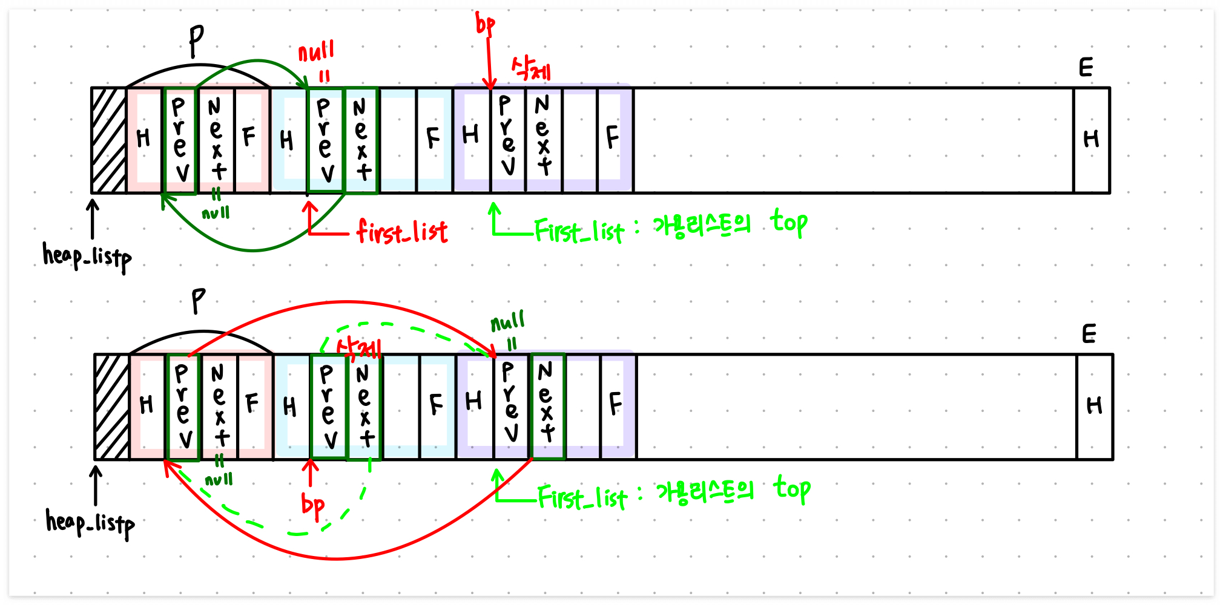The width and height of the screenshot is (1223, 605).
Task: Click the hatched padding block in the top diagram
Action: [x=108, y=140]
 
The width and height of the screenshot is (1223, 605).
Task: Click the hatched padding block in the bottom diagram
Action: [x=112, y=407]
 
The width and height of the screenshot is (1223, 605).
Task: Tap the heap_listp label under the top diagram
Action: [x=87, y=257]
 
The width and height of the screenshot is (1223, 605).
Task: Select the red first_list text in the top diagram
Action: [x=402, y=232]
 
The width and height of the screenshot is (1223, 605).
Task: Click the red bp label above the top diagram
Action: [x=485, y=24]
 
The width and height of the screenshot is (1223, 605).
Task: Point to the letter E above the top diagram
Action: [x=1086, y=67]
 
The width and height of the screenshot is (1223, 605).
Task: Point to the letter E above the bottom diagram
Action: [x=1089, y=334]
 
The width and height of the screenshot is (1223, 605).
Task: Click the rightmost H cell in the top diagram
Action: [x=1092, y=140]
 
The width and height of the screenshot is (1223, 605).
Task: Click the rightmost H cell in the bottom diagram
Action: [x=1095, y=407]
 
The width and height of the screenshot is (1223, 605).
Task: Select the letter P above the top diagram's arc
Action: [x=196, y=41]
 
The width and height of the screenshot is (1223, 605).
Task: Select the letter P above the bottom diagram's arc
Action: [x=199, y=301]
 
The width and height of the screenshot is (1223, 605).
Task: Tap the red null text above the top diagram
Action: [x=316, y=51]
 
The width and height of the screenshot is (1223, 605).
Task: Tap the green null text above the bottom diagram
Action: [x=507, y=322]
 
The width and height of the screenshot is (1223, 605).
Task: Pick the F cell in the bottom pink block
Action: [x=253, y=404]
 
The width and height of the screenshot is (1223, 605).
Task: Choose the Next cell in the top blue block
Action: [x=361, y=140]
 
